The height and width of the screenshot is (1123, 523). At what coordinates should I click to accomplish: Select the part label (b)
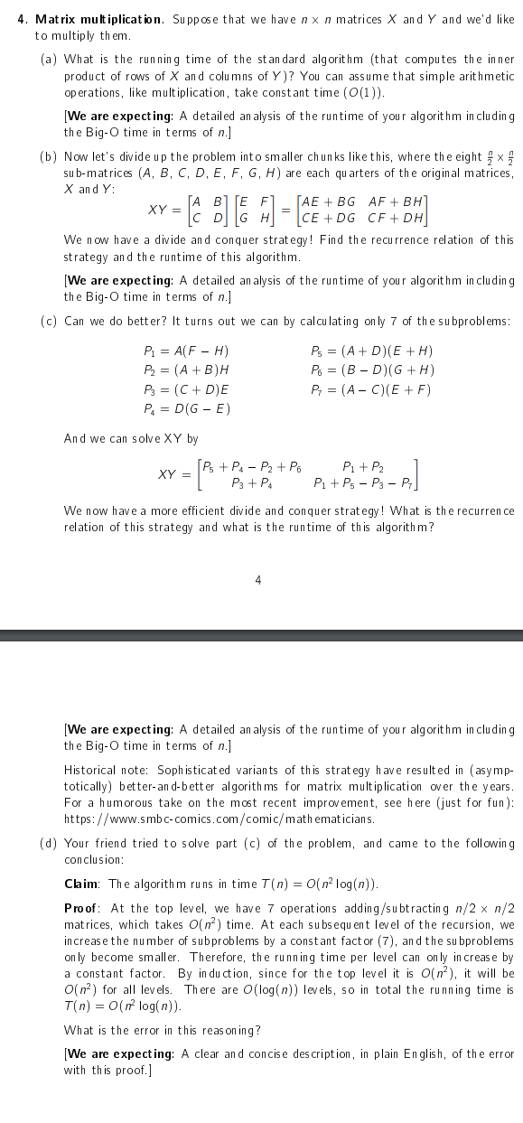pyautogui.click(x=49, y=157)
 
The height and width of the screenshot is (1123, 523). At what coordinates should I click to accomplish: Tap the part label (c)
pyautogui.click(x=49, y=321)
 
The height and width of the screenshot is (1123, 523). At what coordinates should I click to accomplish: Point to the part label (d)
pyautogui.click(x=49, y=843)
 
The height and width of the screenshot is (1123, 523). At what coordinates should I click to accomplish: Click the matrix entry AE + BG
pyautogui.click(x=322, y=201)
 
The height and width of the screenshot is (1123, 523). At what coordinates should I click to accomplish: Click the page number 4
pyautogui.click(x=258, y=580)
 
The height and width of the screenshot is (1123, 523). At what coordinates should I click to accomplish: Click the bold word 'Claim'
pyautogui.click(x=81, y=883)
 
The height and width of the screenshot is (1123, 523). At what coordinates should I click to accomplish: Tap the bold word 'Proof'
pyautogui.click(x=82, y=906)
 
